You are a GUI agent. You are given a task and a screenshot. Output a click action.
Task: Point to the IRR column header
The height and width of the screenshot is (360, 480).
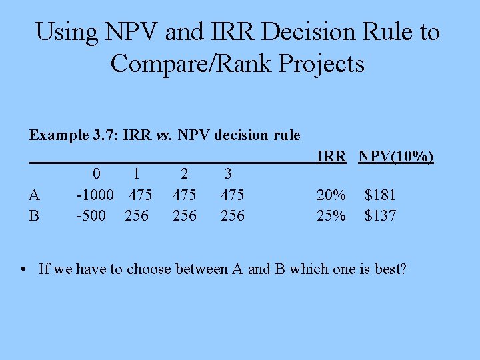pos(331,157)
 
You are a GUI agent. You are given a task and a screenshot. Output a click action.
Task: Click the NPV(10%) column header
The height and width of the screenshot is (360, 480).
pos(396,157)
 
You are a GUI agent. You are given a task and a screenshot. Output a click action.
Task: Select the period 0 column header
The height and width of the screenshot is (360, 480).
pos(97,174)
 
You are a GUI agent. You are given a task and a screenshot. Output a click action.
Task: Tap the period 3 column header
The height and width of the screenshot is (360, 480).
pos(228,174)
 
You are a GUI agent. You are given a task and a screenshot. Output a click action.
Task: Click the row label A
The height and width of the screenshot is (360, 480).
pos(35,195)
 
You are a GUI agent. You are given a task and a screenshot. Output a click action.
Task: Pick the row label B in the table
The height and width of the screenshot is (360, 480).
pos(35,216)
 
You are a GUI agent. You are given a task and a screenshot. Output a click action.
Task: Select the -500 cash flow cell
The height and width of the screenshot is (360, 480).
pos(91,216)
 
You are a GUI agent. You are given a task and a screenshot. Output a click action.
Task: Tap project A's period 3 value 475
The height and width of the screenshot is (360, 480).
pos(232,195)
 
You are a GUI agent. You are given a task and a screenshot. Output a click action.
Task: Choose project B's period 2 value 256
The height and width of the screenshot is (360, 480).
pos(185,216)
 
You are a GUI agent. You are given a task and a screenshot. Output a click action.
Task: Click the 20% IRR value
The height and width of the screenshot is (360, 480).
pos(331,195)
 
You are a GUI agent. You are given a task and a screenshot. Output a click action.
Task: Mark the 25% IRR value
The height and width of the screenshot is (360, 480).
pos(331,216)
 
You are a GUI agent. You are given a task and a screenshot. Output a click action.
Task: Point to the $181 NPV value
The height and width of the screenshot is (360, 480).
pos(380,195)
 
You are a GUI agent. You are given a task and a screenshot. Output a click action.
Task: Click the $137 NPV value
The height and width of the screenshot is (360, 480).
pos(380,216)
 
